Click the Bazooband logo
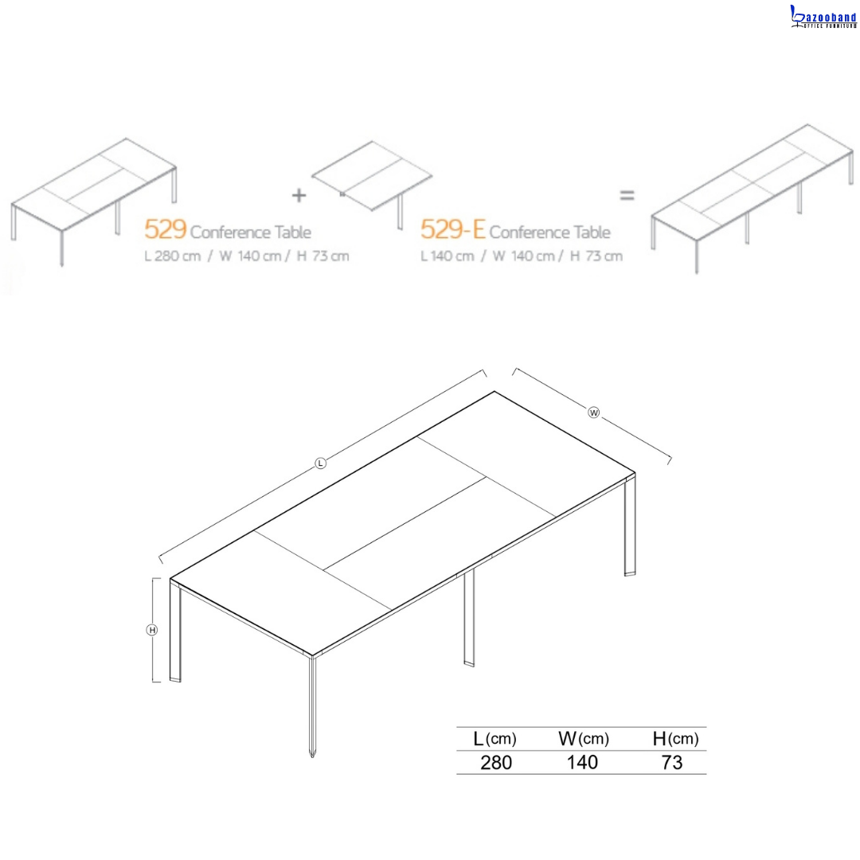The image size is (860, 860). coord(823,17)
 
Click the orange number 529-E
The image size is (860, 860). coord(452,229)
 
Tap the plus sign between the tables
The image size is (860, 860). coord(299,195)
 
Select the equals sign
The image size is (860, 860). coord(627,195)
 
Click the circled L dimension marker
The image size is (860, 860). coord(321,463)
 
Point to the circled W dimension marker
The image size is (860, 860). coord(593,412)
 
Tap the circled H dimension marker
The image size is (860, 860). coord(152,630)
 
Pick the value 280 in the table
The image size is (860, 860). coord(496,762)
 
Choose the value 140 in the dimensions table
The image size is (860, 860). coord(582,762)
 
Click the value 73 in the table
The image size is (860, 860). coord(672,762)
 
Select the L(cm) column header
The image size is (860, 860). coord(494,739)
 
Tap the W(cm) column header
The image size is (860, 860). coord(584,739)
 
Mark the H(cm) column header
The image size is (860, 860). coord(675,739)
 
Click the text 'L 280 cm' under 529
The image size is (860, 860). coord(173,256)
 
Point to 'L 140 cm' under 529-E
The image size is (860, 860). coord(447,256)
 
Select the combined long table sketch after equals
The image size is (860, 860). coord(752,198)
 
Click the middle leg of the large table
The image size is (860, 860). coord(469,618)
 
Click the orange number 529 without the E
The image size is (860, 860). coord(166,229)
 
